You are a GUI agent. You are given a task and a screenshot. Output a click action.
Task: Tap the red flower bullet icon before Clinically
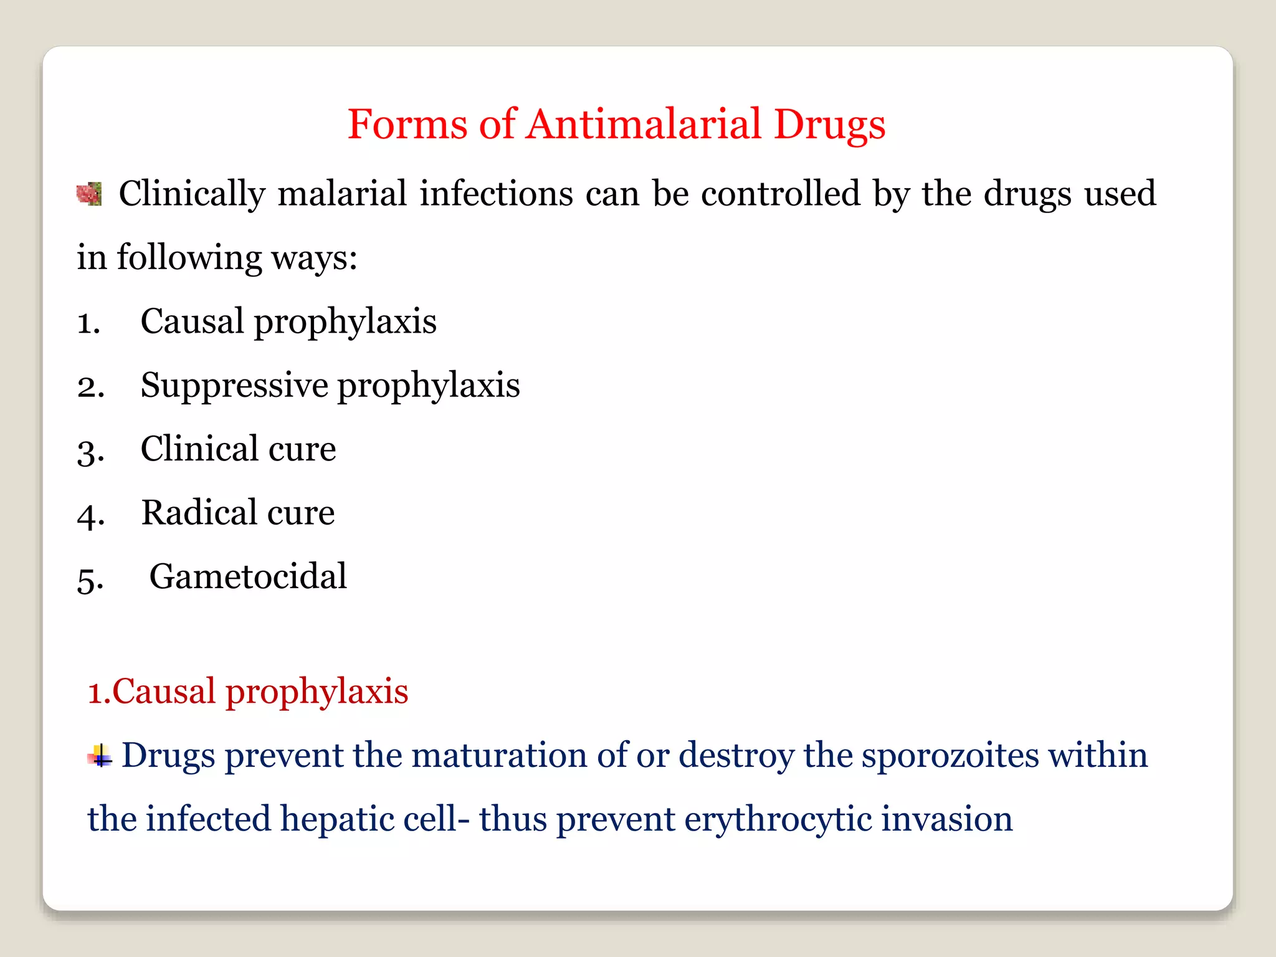pyautogui.click(x=89, y=194)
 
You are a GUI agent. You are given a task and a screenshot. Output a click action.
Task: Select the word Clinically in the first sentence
pyautogui.click(x=192, y=194)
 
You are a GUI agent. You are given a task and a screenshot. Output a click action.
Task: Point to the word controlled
pyautogui.click(x=780, y=193)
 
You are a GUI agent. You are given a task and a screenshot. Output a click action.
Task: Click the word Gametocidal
pyautogui.click(x=248, y=576)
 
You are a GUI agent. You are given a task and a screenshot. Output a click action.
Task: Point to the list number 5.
pyautogui.click(x=90, y=579)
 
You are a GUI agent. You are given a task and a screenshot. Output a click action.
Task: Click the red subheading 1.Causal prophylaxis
pyautogui.click(x=248, y=692)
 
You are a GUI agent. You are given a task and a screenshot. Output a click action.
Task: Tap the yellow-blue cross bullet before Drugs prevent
pyautogui.click(x=100, y=756)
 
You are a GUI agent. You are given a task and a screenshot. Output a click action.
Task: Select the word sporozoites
pyautogui.click(x=950, y=756)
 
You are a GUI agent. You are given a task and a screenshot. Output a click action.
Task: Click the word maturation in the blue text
pyautogui.click(x=499, y=755)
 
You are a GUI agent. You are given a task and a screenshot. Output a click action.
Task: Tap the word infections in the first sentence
pyautogui.click(x=496, y=193)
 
